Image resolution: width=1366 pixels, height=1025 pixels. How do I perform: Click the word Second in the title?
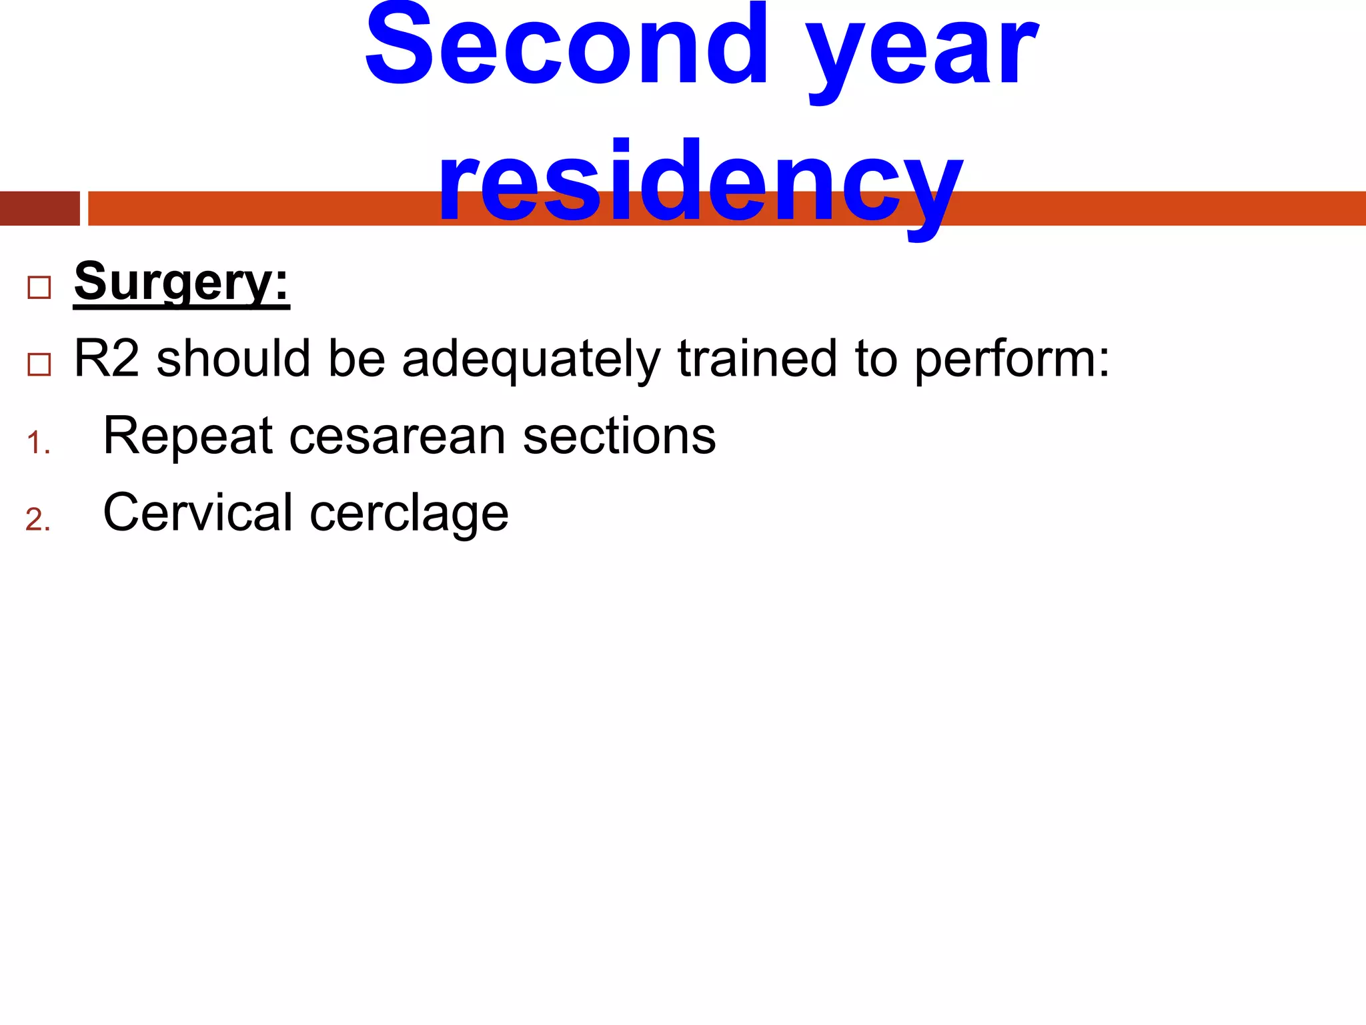point(567,47)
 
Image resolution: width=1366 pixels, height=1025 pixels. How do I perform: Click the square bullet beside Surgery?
point(39,288)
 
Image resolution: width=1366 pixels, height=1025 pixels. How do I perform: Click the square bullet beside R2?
point(39,364)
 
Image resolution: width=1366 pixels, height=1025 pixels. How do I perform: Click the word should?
point(233,359)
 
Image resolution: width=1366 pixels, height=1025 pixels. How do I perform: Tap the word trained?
point(757,359)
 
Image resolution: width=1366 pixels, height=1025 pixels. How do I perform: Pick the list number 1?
point(38,443)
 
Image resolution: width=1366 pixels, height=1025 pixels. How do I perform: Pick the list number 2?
point(38,520)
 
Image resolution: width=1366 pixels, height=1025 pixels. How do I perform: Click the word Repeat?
point(188,436)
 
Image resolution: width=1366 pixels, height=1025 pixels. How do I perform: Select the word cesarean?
point(398,436)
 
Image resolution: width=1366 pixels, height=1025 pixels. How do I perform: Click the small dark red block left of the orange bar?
point(39,208)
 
